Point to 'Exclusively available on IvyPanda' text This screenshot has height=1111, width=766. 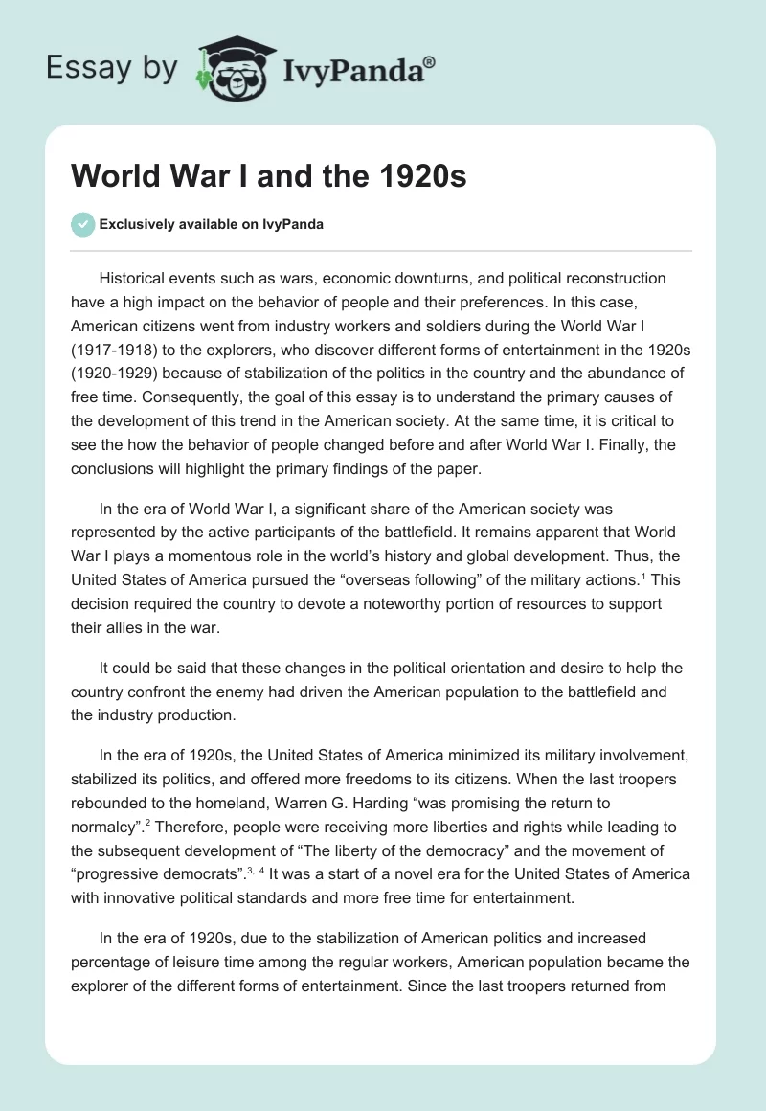click(212, 224)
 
